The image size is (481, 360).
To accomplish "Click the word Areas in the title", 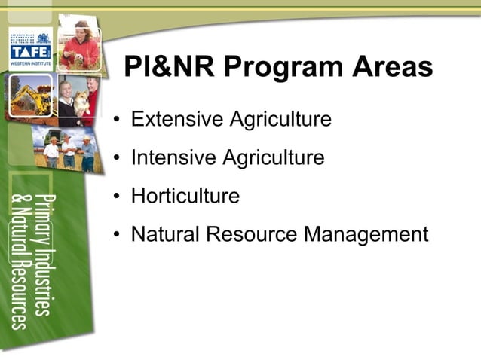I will point(391,67).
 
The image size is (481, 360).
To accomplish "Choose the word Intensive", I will point(170,158).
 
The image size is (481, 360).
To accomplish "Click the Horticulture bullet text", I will point(185,197).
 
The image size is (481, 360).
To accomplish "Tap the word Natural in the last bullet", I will point(165,235).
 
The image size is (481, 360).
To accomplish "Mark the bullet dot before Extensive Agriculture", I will point(117,121).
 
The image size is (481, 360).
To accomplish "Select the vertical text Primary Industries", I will point(47,252).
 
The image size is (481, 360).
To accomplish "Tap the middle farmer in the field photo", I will point(69,151).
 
